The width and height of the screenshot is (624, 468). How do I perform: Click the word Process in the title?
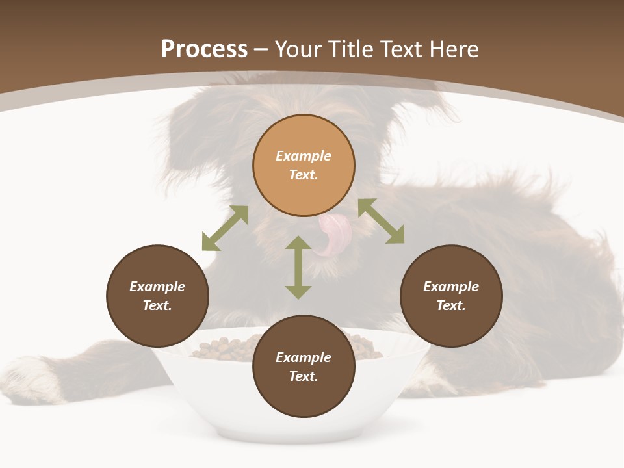[204, 49]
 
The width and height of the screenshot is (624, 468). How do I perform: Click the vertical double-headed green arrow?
[298, 267]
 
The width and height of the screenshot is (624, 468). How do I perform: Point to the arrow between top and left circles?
[225, 228]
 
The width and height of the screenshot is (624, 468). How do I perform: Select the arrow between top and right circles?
[381, 221]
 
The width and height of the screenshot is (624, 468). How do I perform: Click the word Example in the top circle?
[304, 156]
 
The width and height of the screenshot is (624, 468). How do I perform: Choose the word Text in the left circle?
[157, 305]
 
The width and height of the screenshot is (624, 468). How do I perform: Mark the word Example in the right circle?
[451, 287]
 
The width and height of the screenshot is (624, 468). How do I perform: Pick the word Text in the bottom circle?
[304, 376]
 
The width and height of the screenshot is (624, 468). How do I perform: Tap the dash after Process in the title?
[261, 49]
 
